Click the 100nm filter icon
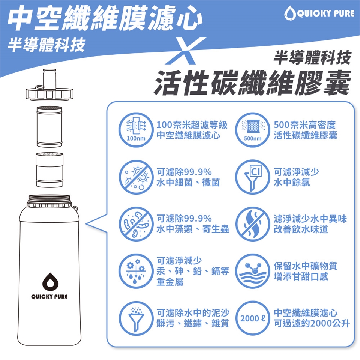pyautogui.click(x=136, y=130)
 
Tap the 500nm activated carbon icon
pyautogui.click(x=253, y=130)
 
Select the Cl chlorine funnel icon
pyautogui.click(x=253, y=177)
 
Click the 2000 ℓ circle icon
pyautogui.click(x=253, y=318)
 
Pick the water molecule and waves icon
pyautogui.click(x=253, y=271)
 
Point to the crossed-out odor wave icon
pyautogui.click(x=253, y=224)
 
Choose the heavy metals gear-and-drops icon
pyautogui.click(x=136, y=271)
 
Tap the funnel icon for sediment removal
pyautogui.click(x=136, y=318)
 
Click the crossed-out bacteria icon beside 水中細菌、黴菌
pyautogui.click(x=136, y=177)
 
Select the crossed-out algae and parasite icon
pyautogui.click(x=136, y=224)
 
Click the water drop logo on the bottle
pyautogui.click(x=50, y=282)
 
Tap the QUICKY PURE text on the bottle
pyautogui.click(x=49, y=296)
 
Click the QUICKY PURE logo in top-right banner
pyautogui.click(x=319, y=13)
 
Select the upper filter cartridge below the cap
pyautogui.click(x=49, y=126)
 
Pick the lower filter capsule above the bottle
pyautogui.click(x=49, y=170)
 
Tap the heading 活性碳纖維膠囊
pyautogui.click(x=252, y=82)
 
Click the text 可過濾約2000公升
pyautogui.click(x=312, y=323)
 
